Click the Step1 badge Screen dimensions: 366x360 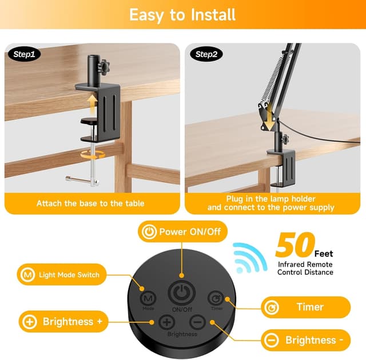point(24,54)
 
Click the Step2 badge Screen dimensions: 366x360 point(206,54)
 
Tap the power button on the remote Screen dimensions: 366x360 point(182,293)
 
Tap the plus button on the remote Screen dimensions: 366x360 point(166,322)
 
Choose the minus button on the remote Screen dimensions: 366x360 point(197,322)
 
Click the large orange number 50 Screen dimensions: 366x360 point(295,244)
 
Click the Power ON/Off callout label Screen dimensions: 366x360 point(183,231)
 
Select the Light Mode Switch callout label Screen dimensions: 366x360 point(62,274)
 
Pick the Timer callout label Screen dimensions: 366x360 point(306,307)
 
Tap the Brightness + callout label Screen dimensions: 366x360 point(63,322)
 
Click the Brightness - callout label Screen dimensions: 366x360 point(306,340)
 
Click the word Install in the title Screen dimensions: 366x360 point(213,15)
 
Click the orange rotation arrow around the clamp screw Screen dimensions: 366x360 point(93,155)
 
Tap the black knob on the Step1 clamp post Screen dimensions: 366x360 point(105,65)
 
